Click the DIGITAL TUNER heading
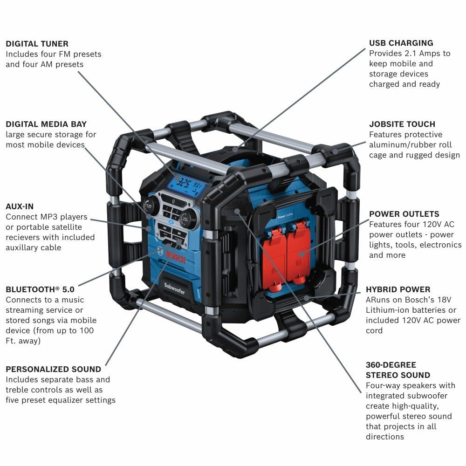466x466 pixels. [37, 43]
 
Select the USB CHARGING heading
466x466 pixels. [401, 43]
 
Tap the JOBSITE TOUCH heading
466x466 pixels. [402, 124]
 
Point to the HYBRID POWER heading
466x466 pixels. [398, 289]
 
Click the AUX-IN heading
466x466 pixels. [20, 206]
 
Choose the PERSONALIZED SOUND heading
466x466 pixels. [53, 369]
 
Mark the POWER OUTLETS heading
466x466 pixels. [404, 214]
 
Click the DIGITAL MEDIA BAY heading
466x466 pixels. [46, 124]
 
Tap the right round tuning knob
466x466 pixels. [188, 219]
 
